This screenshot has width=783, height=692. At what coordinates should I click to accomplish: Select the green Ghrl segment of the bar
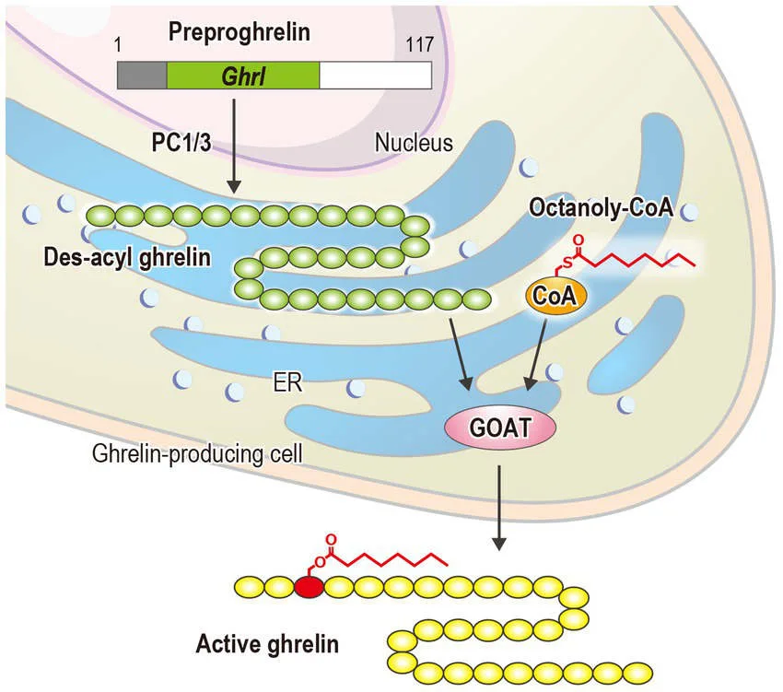[x=242, y=76]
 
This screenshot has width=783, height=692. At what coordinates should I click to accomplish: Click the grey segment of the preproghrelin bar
[x=141, y=76]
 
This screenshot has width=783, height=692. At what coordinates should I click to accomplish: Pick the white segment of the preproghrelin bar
[x=375, y=76]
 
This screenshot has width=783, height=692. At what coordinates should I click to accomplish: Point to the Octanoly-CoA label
[x=602, y=207]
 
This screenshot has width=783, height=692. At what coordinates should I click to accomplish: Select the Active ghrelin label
[x=266, y=641]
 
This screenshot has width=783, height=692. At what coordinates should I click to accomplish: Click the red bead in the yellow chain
[x=310, y=586]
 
